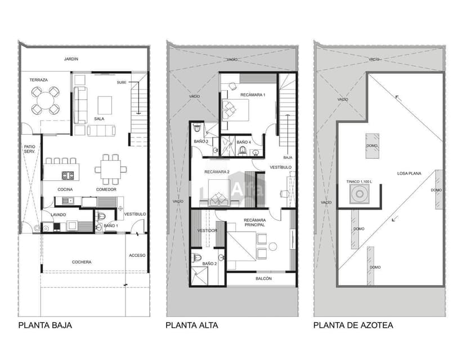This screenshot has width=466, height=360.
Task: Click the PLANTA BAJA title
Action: pyautogui.click(x=45, y=325)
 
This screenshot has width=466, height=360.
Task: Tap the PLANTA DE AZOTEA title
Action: pyautogui.click(x=353, y=325)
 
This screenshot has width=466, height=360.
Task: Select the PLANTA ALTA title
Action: pyautogui.click(x=192, y=325)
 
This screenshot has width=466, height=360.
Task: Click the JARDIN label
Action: pyautogui.click(x=71, y=59)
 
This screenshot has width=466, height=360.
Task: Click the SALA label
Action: pyautogui.click(x=99, y=119)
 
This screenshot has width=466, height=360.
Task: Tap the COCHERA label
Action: pyautogui.click(x=82, y=262)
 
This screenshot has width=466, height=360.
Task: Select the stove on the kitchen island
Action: pyautogui.click(x=68, y=176)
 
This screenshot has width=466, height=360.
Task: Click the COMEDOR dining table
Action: pyautogui.click(x=110, y=169)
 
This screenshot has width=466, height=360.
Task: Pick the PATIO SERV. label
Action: pyautogui.click(x=29, y=149)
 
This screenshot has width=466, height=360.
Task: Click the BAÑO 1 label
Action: pyautogui.click(x=110, y=226)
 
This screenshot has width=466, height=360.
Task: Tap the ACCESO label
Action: pyautogui.click(x=137, y=255)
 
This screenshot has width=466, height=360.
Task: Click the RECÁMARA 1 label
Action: pyautogui.click(x=253, y=95)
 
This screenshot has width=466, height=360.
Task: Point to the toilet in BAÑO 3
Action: pyautogui.click(x=197, y=128)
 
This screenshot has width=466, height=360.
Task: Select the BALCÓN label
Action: pyautogui.click(x=263, y=278)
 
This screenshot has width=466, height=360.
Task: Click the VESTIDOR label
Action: pyautogui.click(x=207, y=230)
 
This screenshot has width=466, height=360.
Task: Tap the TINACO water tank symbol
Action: pyautogui.click(x=360, y=194)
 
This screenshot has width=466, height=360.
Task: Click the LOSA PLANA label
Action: pyautogui.click(x=409, y=173)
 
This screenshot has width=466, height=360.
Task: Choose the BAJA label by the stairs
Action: pyautogui.click(x=288, y=157)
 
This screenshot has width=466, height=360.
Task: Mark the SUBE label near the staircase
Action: pyautogui.click(x=122, y=82)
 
